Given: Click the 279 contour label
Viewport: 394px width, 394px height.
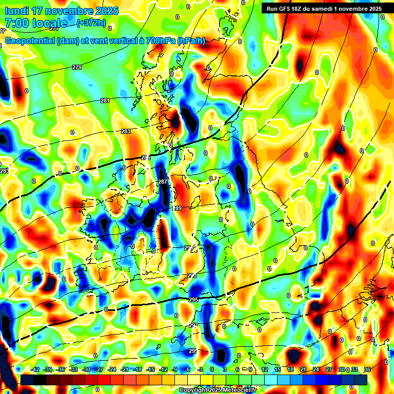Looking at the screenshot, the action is point(77,68).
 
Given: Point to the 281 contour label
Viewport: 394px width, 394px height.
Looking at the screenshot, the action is point(105,101).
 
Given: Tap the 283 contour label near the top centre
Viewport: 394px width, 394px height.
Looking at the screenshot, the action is point(126,132).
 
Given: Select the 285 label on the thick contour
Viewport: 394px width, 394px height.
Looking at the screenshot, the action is point(146,157).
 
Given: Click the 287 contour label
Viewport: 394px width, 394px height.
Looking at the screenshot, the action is point(163,182).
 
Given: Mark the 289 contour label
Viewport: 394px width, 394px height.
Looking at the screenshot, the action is point(178,208).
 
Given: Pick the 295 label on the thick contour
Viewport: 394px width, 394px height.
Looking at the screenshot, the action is point(193,300).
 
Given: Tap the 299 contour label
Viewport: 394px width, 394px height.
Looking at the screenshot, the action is point(192,351).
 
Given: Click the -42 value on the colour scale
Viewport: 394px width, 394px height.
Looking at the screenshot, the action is point(36,369).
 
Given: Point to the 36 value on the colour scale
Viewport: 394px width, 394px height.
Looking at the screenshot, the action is point(368,369).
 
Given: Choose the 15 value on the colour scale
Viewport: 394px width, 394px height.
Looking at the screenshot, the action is point(277,369).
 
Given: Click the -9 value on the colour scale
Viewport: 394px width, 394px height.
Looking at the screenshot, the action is point(174,369).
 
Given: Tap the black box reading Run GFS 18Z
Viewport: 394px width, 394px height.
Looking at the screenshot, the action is point(324,9).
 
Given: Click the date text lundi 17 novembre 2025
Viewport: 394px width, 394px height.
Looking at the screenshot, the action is point(62,11).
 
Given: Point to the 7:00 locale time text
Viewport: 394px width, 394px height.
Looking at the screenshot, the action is point(36,23).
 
